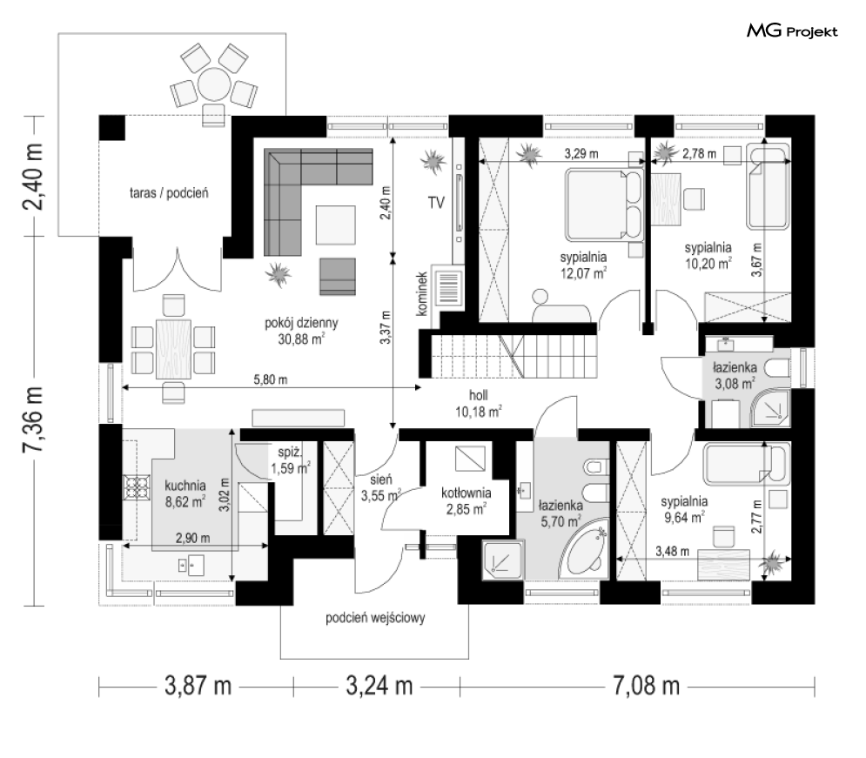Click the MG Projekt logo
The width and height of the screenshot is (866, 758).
[x=792, y=31]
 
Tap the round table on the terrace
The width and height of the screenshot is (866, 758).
[x=214, y=84]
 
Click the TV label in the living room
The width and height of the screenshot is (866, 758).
[x=436, y=203]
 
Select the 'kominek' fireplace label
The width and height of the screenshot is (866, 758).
[x=422, y=293]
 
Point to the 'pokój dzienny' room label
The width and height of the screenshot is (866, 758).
[x=301, y=323]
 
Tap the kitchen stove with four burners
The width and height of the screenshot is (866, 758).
[x=137, y=487]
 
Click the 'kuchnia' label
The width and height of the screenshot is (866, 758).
[x=185, y=486]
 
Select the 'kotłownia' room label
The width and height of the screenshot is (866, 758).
[x=467, y=493]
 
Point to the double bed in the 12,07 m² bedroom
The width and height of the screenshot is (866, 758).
[x=604, y=204]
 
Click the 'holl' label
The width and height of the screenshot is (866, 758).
[x=479, y=395]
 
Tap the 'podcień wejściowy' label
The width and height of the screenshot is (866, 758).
[x=375, y=617]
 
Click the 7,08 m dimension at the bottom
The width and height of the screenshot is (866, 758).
[x=646, y=687]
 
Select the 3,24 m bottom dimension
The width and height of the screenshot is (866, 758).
[x=379, y=687]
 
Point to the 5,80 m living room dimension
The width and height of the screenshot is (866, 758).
[x=271, y=379]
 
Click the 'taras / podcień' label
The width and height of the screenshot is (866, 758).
[x=169, y=193]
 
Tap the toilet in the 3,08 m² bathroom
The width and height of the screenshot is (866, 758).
[x=779, y=369]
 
